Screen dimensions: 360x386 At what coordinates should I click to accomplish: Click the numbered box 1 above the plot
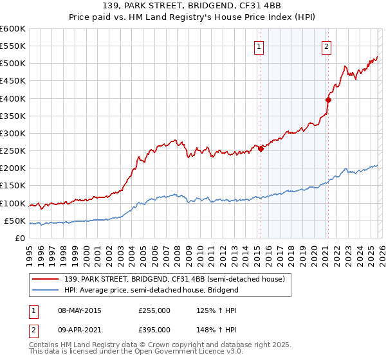(259, 46)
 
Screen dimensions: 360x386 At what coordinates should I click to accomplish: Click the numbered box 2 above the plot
(327, 46)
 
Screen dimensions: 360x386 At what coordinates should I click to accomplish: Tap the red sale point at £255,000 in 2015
(261, 149)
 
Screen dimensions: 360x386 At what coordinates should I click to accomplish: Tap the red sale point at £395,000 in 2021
(328, 100)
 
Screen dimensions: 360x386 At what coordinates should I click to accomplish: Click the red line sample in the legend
(46, 279)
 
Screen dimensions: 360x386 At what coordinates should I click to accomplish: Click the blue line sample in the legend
(46, 290)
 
